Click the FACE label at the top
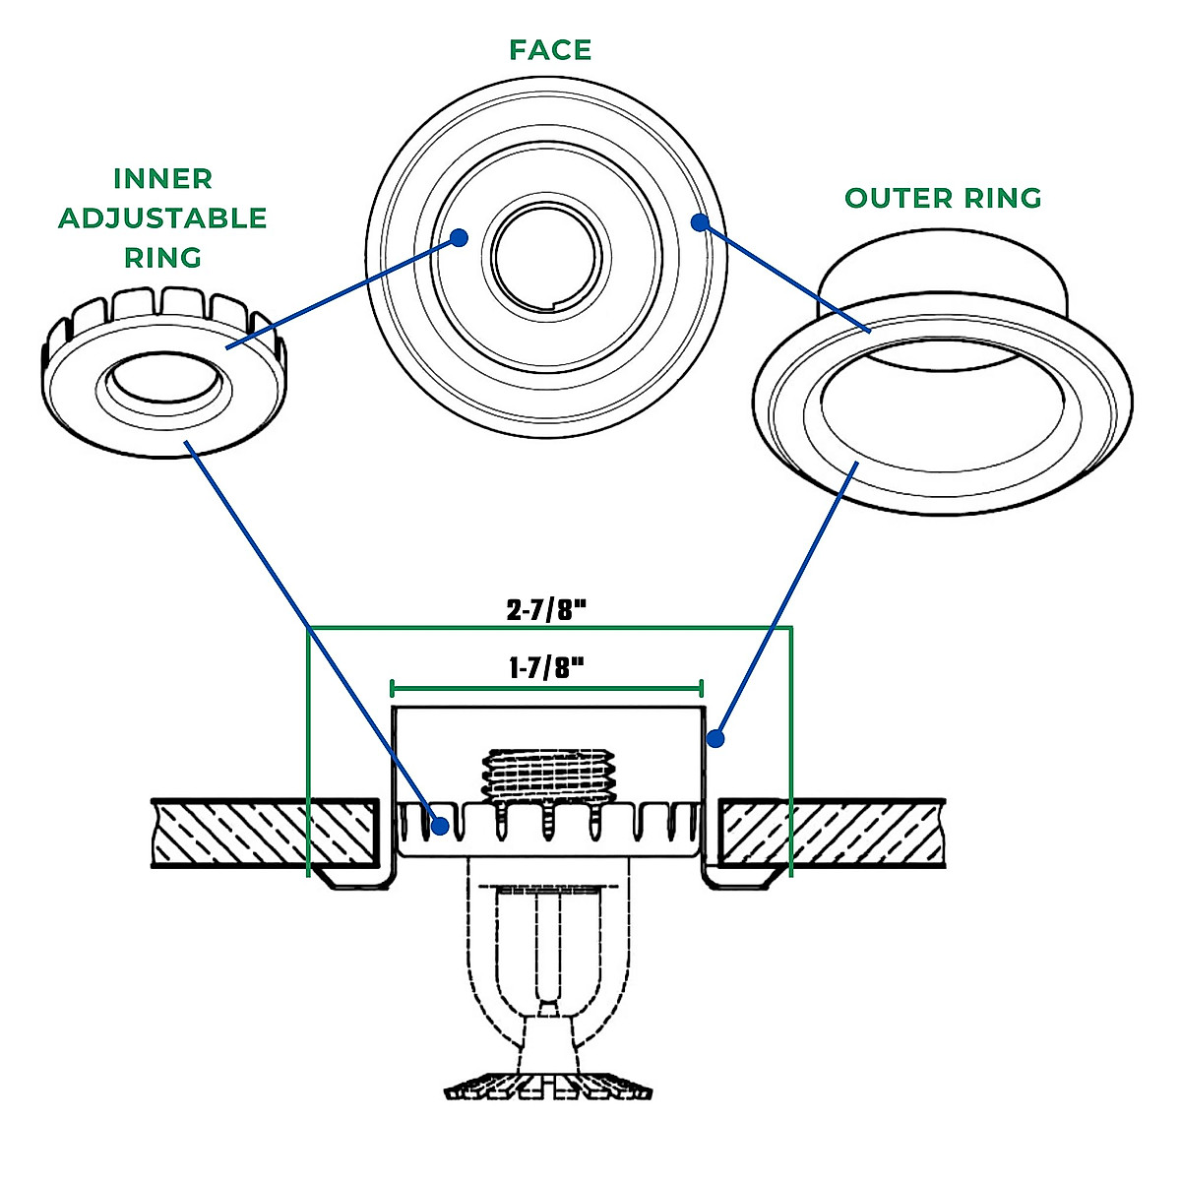coord(550,50)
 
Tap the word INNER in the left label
coord(163,179)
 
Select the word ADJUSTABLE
coord(163,218)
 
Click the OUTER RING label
coord(943,199)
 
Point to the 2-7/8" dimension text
coord(547,610)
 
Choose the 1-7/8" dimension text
coord(547,669)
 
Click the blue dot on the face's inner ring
coord(459,237)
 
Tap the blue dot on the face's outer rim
coord(699,223)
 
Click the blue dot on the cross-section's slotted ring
coord(441,825)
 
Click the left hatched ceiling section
coord(266,833)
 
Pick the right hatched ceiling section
coord(833,833)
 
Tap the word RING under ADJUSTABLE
coord(163,258)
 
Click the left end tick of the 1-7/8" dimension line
coord(392,688)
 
